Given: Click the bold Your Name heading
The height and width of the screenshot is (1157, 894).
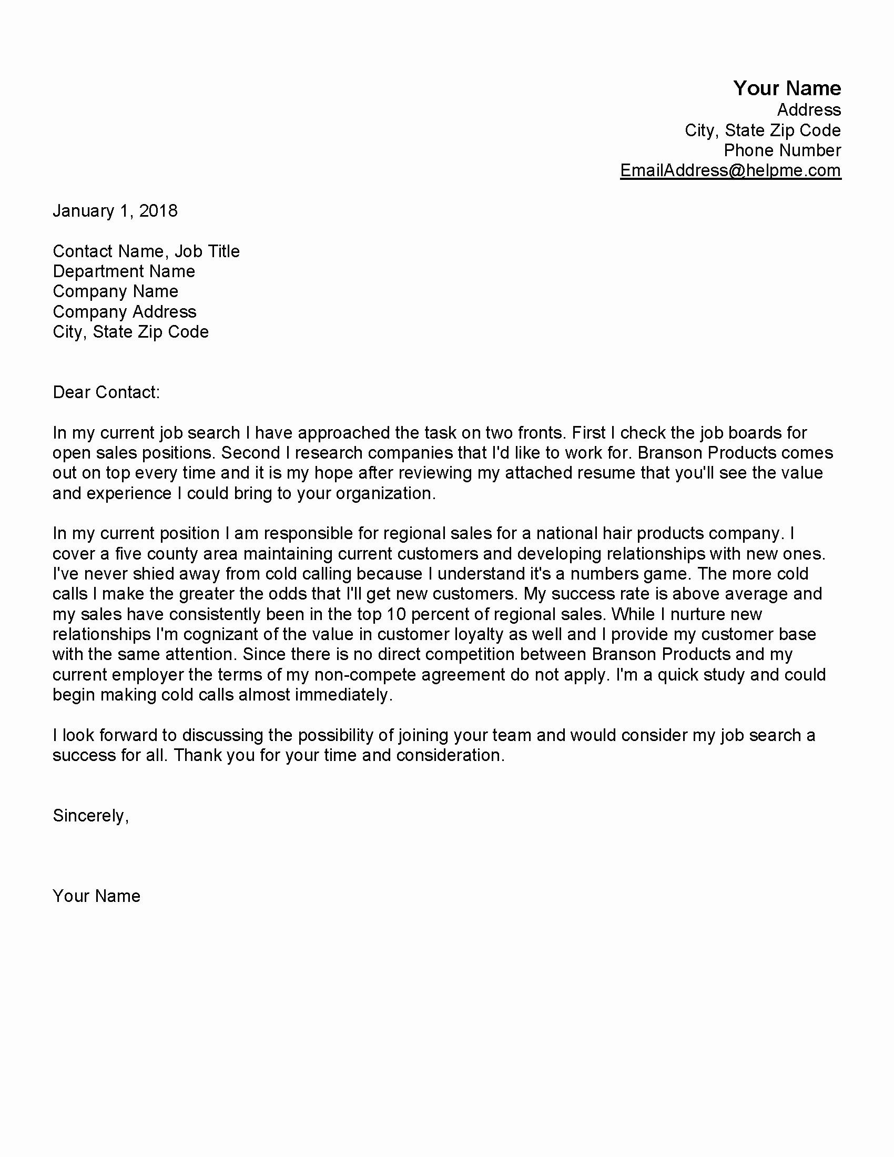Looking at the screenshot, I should click(x=787, y=88).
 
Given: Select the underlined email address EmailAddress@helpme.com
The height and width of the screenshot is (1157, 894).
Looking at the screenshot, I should click(x=730, y=170).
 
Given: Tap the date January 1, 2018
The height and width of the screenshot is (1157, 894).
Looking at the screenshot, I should click(x=115, y=211).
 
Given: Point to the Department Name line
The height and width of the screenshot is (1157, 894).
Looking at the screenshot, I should click(x=124, y=271).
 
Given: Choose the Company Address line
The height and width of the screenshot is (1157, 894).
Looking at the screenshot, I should click(x=125, y=311).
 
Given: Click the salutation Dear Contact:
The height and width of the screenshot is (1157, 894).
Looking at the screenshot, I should click(x=106, y=392).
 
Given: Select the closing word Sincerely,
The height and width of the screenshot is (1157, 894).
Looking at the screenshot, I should click(x=90, y=816).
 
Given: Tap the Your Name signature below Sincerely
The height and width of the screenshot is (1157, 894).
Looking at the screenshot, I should click(x=96, y=896).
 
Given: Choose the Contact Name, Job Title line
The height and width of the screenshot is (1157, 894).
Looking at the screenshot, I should click(x=146, y=251).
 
